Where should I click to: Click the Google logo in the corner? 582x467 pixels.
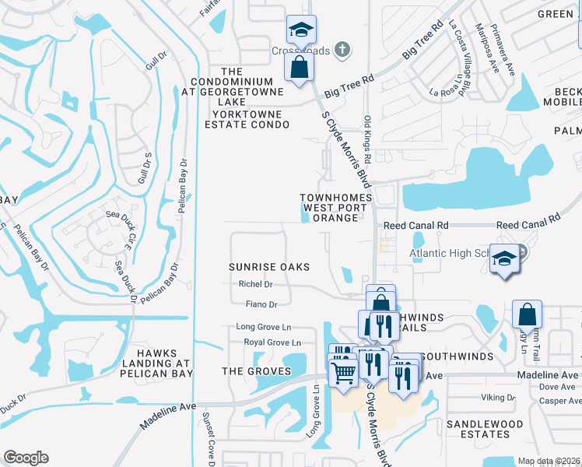pos(26,458)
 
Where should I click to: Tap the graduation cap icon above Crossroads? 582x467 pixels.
pos(301,30)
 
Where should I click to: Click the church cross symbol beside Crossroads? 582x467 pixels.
pos(340,51)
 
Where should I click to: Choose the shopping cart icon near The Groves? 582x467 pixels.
pos(343,371)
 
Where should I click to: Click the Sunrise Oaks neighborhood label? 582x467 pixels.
pos(269,267)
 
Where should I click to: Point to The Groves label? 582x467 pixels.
pos(256,371)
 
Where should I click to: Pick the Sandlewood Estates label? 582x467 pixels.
pos(485,430)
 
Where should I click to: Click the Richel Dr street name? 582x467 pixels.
pos(256,285)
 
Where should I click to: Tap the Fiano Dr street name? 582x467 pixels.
pos(261,304)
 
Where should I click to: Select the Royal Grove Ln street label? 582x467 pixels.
pos(272,342)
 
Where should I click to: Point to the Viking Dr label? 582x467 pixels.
pos(497,397)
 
